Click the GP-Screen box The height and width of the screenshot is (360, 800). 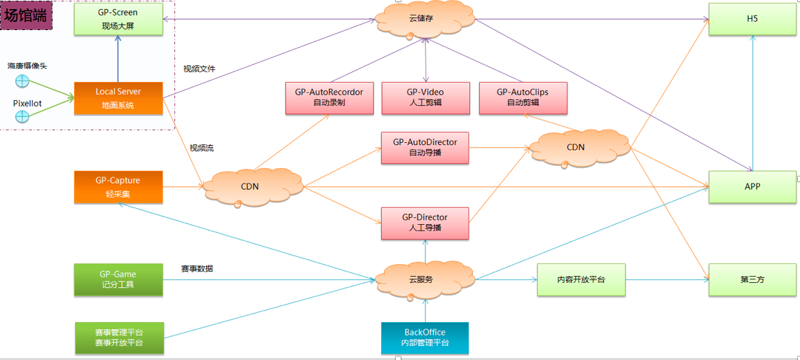pyautogui.click(x=118, y=19)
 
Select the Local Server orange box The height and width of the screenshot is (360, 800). pyautogui.click(x=118, y=98)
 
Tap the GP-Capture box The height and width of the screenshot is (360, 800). pyautogui.click(x=118, y=187)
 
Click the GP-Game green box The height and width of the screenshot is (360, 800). pyautogui.click(x=118, y=279)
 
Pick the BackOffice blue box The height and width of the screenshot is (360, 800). pyautogui.click(x=425, y=338)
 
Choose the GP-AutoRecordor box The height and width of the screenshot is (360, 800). pyautogui.click(x=329, y=97)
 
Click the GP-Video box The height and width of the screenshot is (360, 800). pyautogui.click(x=425, y=97)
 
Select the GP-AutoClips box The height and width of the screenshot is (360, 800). pyautogui.click(x=522, y=97)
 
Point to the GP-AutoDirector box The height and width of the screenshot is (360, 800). pyautogui.click(x=425, y=147)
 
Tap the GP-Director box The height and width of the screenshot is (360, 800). pyautogui.click(x=425, y=223)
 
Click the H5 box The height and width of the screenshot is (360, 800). pyautogui.click(x=752, y=19)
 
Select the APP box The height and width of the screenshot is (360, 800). pyautogui.click(x=752, y=186)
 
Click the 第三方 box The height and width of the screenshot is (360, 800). pyautogui.click(x=752, y=279)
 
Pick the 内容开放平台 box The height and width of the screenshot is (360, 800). pyautogui.click(x=581, y=279)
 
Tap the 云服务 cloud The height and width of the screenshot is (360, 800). pyautogui.click(x=425, y=279)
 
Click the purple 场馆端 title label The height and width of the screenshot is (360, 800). pyautogui.click(x=27, y=15)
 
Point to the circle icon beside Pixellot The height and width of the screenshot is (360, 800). pyautogui.click(x=22, y=117)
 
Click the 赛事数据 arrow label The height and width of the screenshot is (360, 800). pyautogui.click(x=197, y=268)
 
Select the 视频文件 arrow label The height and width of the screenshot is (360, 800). pyautogui.click(x=200, y=69)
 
